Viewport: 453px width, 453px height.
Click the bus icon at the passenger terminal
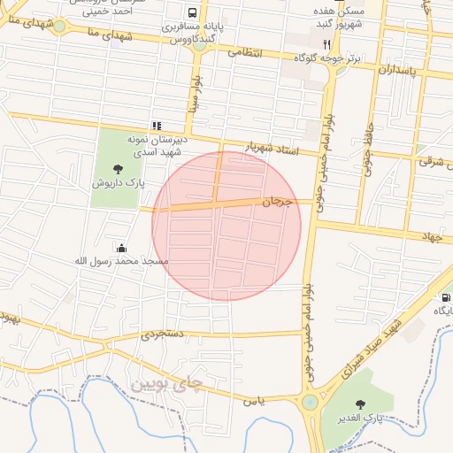click(x=192, y=13)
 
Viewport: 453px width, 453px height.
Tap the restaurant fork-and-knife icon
click(x=326, y=43)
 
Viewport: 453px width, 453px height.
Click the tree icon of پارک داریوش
click(x=119, y=168)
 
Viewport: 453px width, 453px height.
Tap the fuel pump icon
click(x=446, y=297)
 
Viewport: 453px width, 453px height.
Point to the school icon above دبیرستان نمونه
click(x=157, y=126)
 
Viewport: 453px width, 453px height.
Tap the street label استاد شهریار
click(x=273, y=149)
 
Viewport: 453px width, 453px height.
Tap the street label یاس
click(x=255, y=402)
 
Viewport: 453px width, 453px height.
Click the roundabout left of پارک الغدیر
click(x=311, y=403)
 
